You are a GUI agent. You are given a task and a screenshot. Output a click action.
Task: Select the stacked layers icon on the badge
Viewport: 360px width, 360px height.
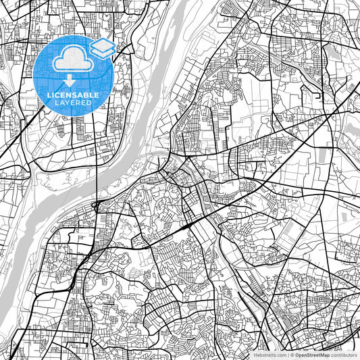pos(102,48)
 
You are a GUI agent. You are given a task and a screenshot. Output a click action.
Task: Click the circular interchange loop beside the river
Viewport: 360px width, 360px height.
pos(97,203)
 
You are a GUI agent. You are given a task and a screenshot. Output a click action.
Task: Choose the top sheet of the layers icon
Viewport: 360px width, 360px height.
pos(102,45)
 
